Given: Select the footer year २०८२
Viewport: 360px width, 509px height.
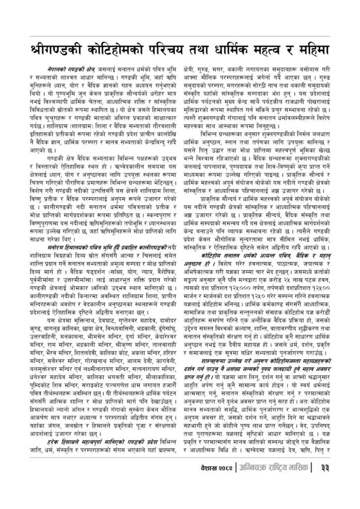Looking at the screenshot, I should point(220,482).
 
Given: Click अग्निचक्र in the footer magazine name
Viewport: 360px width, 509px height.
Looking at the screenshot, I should point(251,482).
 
